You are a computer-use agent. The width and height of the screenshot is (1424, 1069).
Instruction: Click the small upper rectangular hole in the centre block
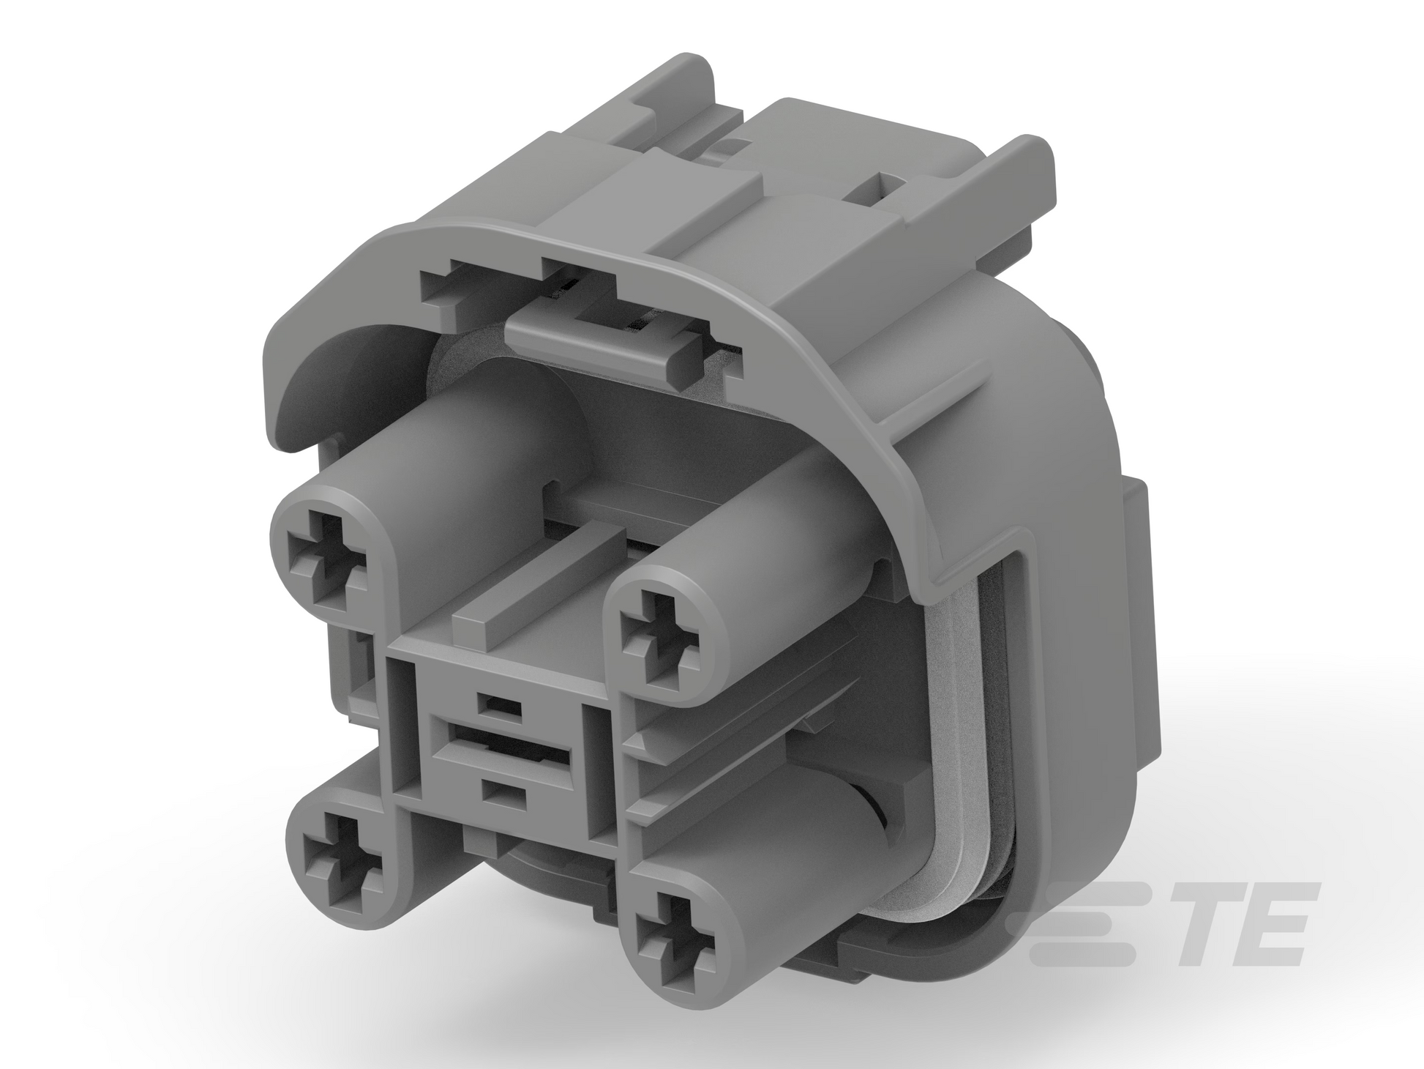click(498, 704)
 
